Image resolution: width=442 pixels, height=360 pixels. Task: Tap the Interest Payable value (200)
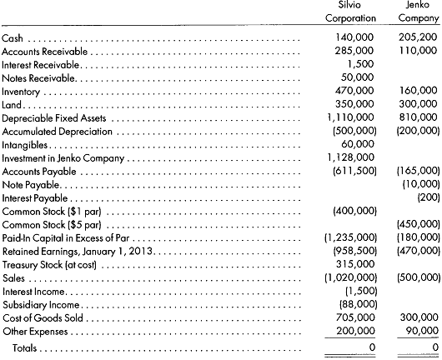(426, 197)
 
